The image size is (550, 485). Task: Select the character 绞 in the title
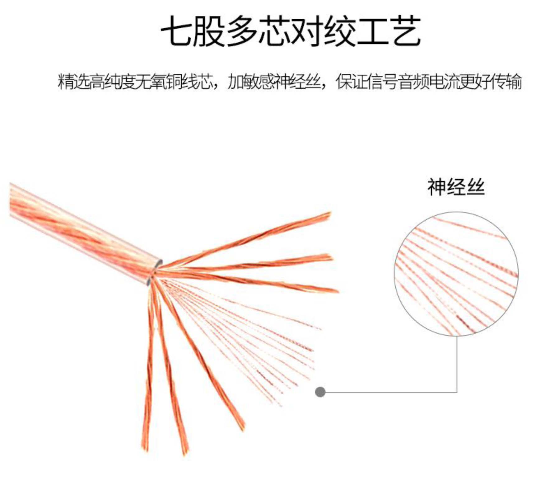[x=340, y=31]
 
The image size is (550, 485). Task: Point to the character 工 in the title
[x=373, y=31]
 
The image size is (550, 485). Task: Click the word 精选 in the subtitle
[x=73, y=82]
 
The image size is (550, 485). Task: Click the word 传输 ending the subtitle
[x=506, y=82]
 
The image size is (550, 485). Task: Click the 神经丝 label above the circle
[x=456, y=187]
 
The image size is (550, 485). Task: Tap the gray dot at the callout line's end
[x=320, y=392]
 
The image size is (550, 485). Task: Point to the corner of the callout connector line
[x=457, y=392]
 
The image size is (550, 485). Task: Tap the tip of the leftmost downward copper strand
[x=145, y=449]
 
